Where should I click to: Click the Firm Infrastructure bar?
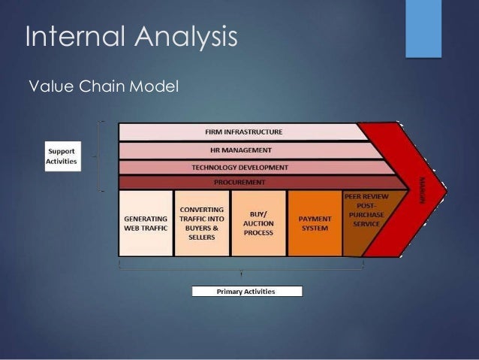click(243, 132)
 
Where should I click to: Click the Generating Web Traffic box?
click(146, 222)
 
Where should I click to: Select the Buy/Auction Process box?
click(258, 222)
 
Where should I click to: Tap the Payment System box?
click(315, 222)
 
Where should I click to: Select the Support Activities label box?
click(62, 156)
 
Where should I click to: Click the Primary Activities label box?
click(246, 291)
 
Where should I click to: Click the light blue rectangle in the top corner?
click(423, 28)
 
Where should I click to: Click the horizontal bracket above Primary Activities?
click(241, 268)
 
